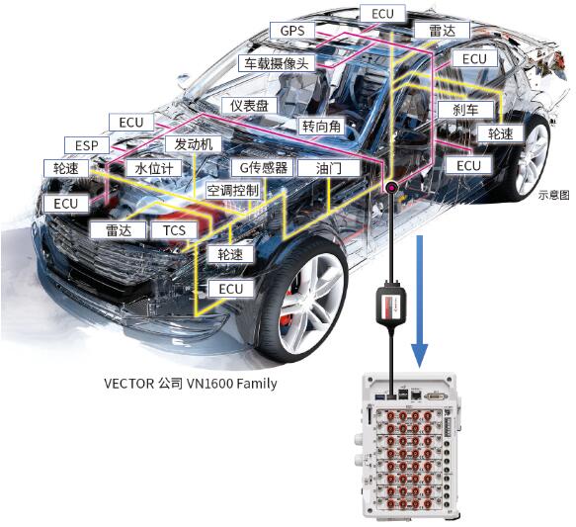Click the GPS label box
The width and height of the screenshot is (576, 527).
[292, 31]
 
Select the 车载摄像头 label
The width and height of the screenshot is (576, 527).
[277, 63]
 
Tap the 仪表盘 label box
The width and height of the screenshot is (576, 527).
[249, 106]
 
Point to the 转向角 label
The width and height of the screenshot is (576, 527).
[321, 127]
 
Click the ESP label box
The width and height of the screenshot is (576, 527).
[87, 145]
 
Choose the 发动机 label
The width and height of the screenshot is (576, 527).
[194, 144]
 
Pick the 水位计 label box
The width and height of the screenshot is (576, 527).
[153, 168]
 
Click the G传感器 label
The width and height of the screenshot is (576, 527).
[263, 168]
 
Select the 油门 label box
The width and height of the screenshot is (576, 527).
[328, 168]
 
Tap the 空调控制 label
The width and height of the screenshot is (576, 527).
[233, 191]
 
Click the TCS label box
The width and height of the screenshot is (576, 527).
[174, 230]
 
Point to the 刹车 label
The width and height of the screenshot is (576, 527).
[465, 110]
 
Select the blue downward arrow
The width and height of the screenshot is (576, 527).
[419, 302]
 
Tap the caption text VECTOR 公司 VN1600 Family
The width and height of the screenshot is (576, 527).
[191, 384]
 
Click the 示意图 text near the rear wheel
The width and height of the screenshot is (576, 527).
[553, 195]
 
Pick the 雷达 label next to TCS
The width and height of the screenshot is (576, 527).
[119, 230]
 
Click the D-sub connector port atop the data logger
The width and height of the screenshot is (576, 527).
[436, 396]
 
